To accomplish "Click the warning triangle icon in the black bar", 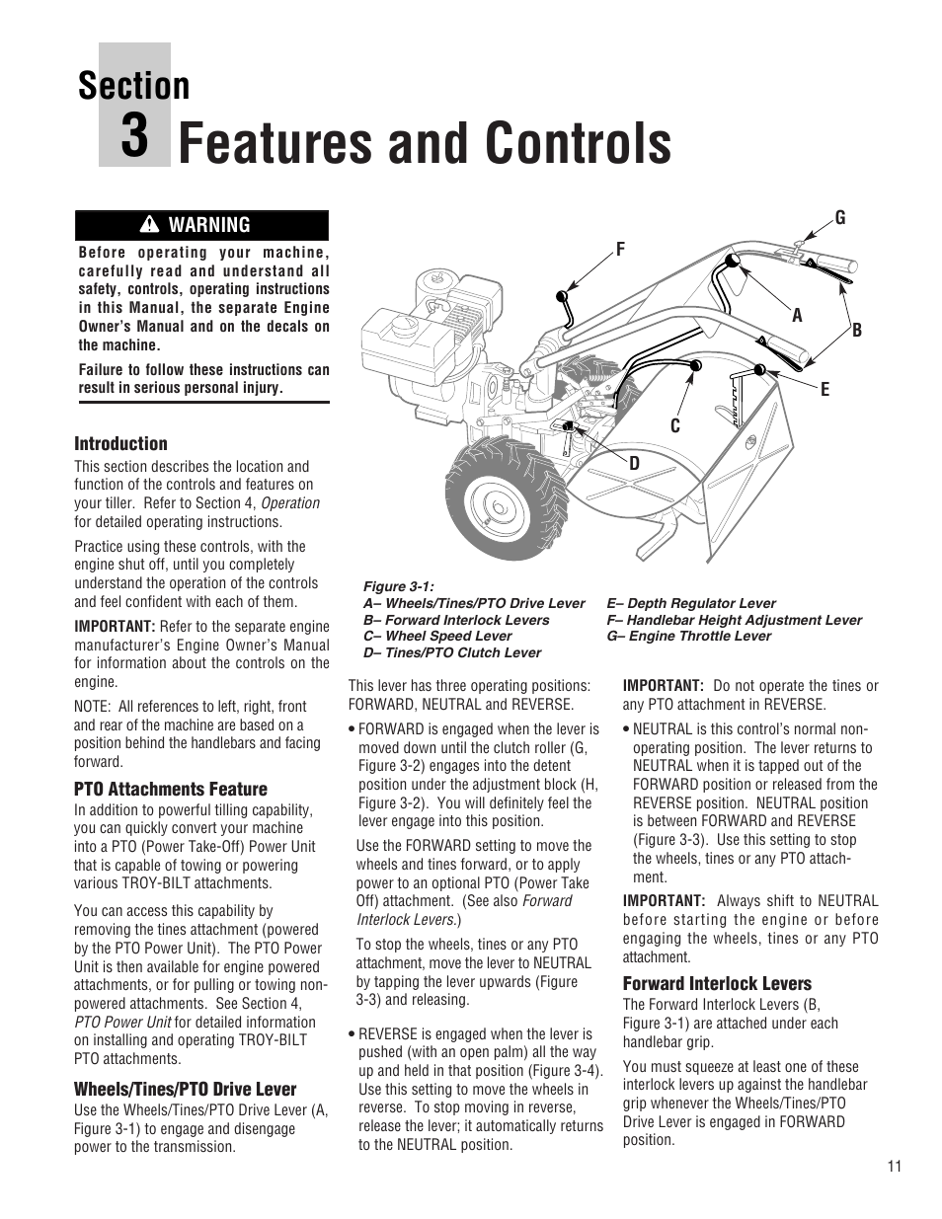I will click(149, 225).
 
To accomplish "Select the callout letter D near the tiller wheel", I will click(635, 463).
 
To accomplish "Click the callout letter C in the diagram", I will click(675, 425).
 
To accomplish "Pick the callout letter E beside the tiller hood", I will click(825, 390).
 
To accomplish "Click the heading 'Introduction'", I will click(120, 443).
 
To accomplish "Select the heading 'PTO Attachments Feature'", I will click(171, 789).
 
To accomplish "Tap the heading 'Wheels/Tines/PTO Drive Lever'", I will click(185, 1089).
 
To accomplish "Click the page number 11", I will click(894, 1166).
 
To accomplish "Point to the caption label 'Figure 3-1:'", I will click(399, 586).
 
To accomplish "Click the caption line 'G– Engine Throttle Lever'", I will click(688, 636).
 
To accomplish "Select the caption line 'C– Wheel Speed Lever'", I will click(437, 636).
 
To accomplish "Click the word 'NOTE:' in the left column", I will click(95, 706).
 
